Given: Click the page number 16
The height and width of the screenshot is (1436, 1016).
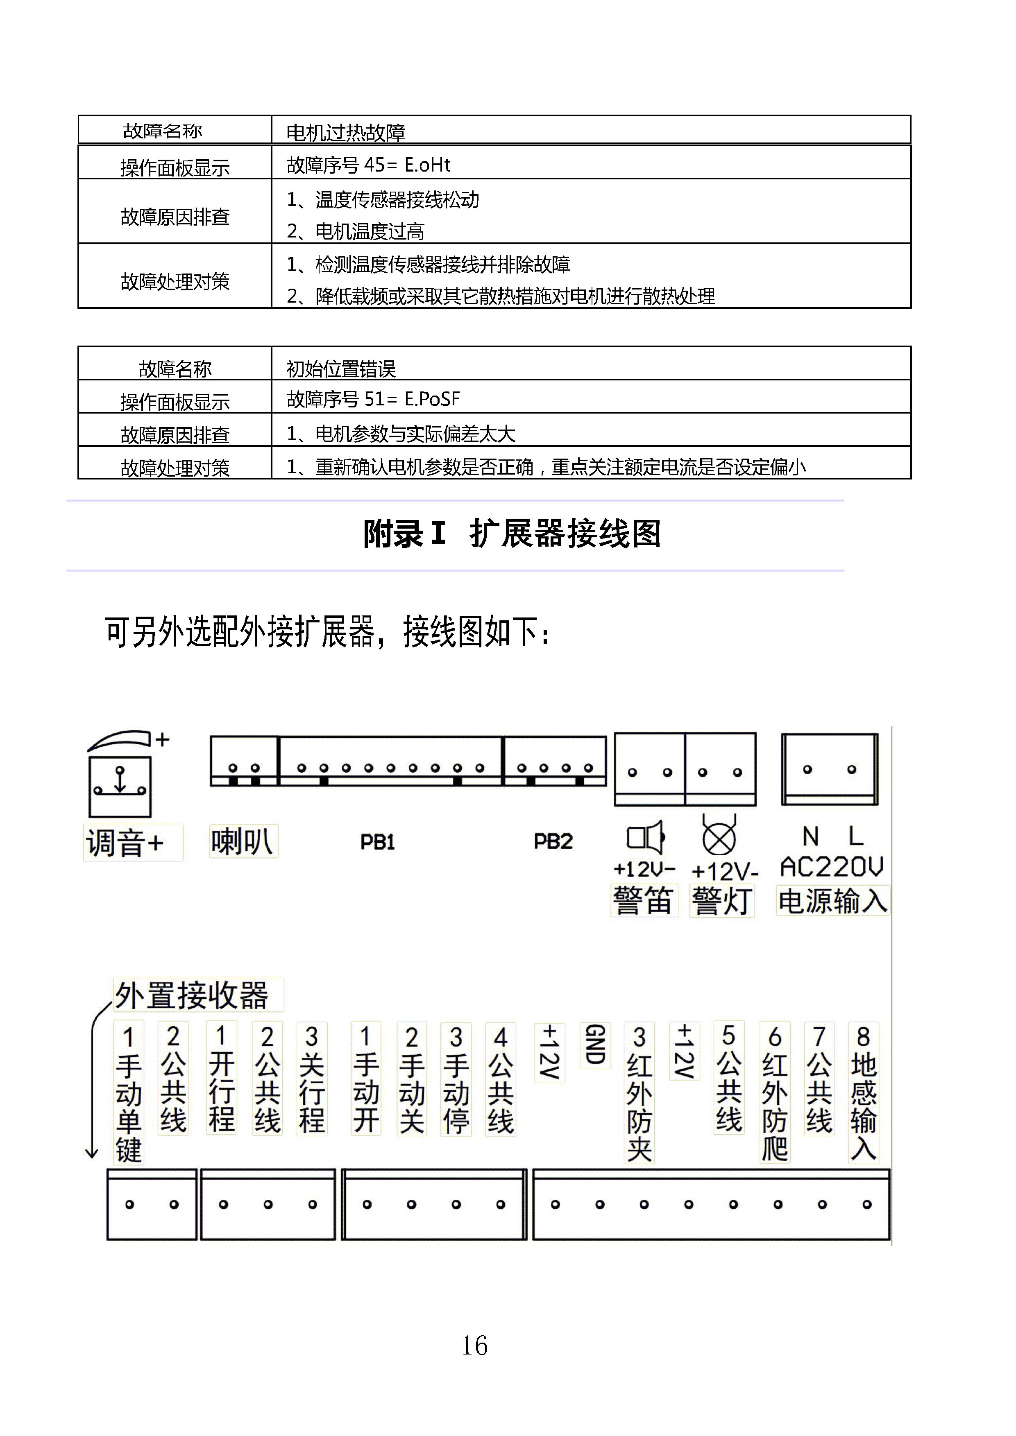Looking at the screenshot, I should click(x=474, y=1346).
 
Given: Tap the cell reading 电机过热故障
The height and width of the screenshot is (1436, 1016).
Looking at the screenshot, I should click(x=345, y=132).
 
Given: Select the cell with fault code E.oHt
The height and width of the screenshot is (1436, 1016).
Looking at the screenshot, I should click(x=368, y=165).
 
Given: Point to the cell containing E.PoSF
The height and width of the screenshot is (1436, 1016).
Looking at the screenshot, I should click(x=374, y=399).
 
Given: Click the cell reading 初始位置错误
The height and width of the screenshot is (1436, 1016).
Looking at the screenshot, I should click(x=341, y=369).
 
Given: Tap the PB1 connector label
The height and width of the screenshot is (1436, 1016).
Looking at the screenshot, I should click(x=377, y=842).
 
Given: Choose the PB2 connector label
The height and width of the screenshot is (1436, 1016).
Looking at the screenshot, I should click(x=553, y=841).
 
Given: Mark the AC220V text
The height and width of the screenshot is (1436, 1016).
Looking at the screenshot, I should click(x=832, y=867).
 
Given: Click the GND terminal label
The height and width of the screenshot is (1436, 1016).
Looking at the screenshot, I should click(x=595, y=1045).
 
